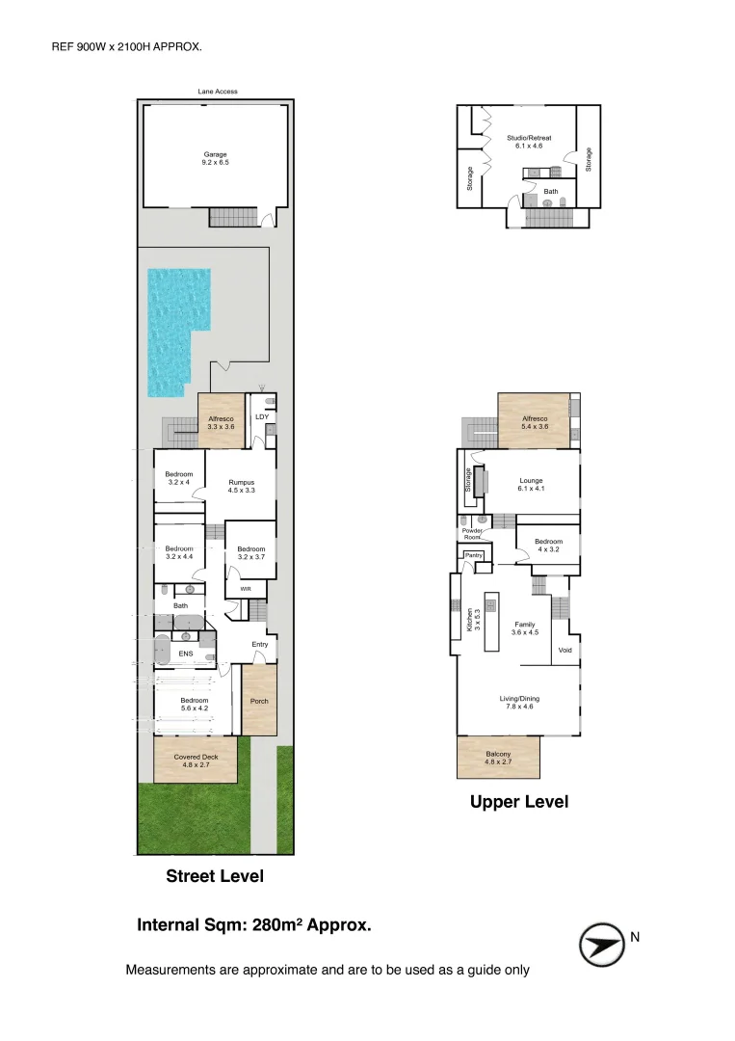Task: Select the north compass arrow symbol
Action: pos(602,944)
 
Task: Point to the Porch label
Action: pos(259,701)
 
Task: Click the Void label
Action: pos(565,650)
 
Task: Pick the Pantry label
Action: pos(474,555)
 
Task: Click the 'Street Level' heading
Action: pos(215,876)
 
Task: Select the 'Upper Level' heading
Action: pos(519,802)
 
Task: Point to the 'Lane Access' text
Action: pos(218,92)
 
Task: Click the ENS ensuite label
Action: pos(186,654)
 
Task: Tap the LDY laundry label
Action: pos(262,417)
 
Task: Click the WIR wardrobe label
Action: pos(246,589)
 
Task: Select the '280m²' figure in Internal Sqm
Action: pos(277,924)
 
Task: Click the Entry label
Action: pos(260,645)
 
